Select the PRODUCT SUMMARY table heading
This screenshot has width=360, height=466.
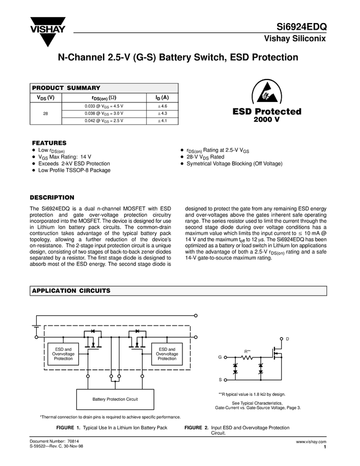(66, 88)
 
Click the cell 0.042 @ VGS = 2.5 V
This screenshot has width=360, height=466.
(104, 121)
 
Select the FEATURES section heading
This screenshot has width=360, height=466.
(49, 143)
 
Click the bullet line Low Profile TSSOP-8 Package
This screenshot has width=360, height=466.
(75, 170)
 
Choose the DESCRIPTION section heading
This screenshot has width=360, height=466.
(52, 197)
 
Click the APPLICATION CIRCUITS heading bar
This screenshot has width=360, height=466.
(71, 291)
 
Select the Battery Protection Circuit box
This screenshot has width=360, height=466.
(115, 399)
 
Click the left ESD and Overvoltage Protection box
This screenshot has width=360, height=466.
(63, 354)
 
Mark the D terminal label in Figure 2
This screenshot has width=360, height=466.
(287, 339)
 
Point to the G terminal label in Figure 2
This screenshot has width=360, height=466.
(220, 357)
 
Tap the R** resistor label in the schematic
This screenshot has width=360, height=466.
(247, 351)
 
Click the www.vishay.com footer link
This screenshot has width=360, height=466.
(311, 441)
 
